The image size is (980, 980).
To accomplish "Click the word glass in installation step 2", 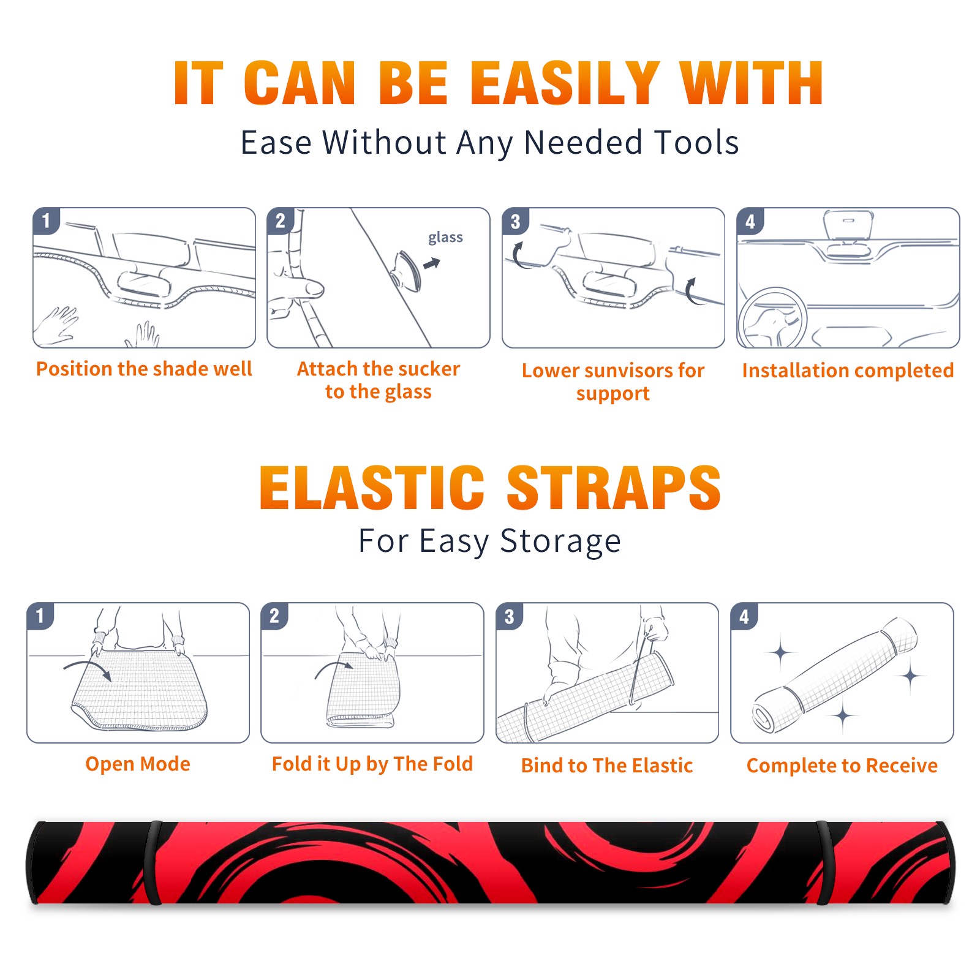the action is click(445, 238).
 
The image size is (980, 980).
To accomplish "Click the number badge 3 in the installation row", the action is click(515, 221).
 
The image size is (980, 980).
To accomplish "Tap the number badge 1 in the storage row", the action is click(40, 616).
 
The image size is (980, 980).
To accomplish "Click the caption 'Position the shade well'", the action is click(144, 369).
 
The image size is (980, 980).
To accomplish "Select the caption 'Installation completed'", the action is click(848, 370).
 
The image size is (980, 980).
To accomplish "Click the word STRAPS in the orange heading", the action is click(614, 488).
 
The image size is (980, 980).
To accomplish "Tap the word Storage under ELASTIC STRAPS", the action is click(560, 541).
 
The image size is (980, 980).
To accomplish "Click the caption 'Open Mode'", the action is click(138, 764).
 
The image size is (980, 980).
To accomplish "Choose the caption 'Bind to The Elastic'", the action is click(607, 765).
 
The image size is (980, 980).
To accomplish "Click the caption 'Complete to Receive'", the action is click(842, 766).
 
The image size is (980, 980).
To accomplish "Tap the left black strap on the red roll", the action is click(153, 862).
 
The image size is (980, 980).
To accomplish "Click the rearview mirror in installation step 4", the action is click(848, 224).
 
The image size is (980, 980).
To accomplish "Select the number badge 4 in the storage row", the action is click(744, 616).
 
